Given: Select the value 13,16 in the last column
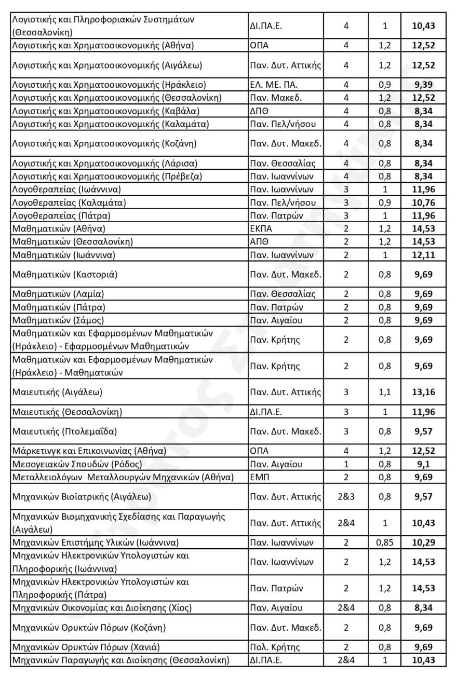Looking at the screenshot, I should tap(423, 392).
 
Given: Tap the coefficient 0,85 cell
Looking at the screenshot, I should tap(385, 543).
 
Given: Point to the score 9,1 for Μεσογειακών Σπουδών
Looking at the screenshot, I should tap(423, 464).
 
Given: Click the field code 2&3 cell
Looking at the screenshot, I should tap(346, 497).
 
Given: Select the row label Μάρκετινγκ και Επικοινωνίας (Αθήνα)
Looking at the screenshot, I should tap(89, 451).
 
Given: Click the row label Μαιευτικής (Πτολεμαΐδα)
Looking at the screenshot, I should tap(64, 431).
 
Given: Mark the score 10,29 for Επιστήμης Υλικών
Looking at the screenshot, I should tap(423, 543).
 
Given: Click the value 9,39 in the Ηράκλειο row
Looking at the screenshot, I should tap(423, 85).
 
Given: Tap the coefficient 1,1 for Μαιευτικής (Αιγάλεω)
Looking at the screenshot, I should tap(385, 392).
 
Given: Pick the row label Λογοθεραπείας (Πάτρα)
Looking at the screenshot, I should tap(61, 215).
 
